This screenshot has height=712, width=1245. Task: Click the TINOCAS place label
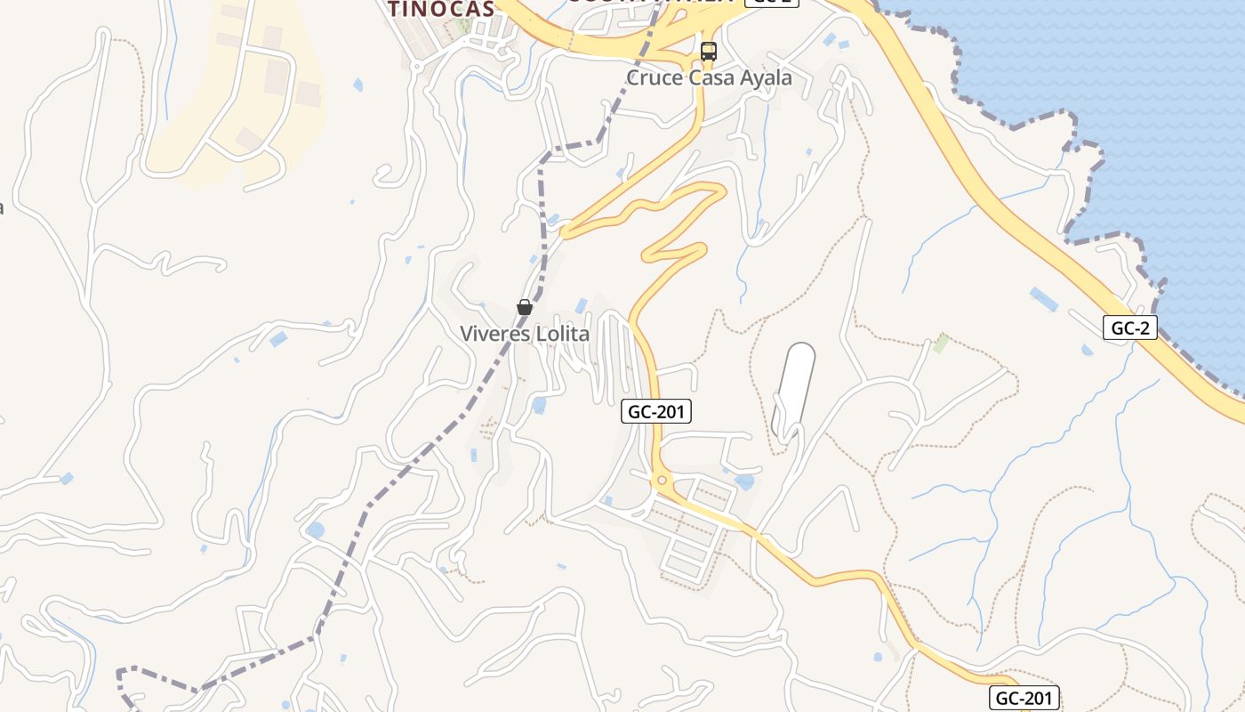pyautogui.click(x=440, y=9)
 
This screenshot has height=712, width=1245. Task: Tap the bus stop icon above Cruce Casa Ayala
pyautogui.click(x=708, y=51)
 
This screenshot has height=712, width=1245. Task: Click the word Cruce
pyautogui.click(x=655, y=78)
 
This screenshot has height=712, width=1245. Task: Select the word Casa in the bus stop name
pyautogui.click(x=710, y=78)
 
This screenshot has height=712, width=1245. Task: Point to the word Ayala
pyautogui.click(x=764, y=78)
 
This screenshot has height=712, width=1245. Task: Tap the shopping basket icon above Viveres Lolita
pyautogui.click(x=525, y=307)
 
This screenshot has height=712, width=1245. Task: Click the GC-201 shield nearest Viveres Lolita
pyautogui.click(x=656, y=411)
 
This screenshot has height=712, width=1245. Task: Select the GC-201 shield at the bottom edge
pyautogui.click(x=1024, y=698)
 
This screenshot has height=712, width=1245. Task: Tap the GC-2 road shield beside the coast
pyautogui.click(x=1130, y=328)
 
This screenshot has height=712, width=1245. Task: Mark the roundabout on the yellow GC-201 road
pyautogui.click(x=661, y=481)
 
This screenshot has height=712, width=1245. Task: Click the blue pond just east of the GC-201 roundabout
pyautogui.click(x=745, y=481)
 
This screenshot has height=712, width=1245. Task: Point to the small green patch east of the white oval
pyautogui.click(x=940, y=343)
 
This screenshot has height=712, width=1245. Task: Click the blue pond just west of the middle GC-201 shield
pyautogui.click(x=539, y=405)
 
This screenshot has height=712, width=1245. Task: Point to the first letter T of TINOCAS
pyautogui.click(x=393, y=9)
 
